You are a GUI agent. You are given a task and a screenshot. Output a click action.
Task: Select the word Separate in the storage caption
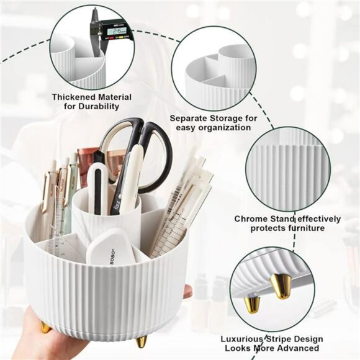pyautogui.click(x=190, y=117)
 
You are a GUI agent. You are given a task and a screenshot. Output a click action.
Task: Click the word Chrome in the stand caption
pyautogui.click(x=251, y=218)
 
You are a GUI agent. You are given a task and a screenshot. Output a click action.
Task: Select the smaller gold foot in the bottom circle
pyautogui.click(x=253, y=302)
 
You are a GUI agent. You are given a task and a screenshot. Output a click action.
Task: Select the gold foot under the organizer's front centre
pyautogui.click(x=142, y=341)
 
